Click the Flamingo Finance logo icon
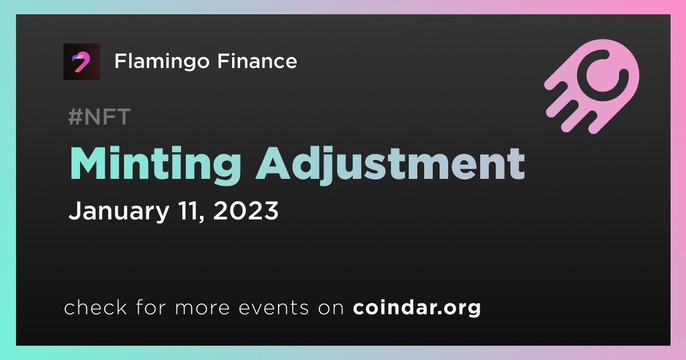81,62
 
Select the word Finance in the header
257,61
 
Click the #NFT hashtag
99,117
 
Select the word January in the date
119,211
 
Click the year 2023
246,211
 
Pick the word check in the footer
95,307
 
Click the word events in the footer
273,307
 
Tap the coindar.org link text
417,308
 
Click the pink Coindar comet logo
591,86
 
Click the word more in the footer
202,308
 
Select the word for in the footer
151,307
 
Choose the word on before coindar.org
331,308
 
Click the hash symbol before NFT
75,117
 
